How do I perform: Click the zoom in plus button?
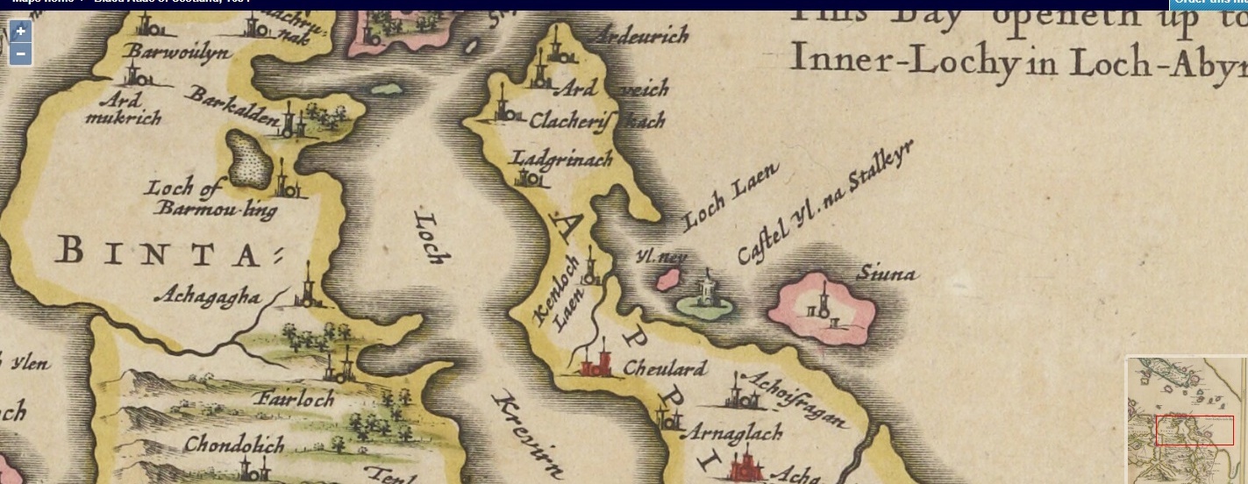coord(21,32)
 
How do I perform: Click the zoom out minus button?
coord(21,54)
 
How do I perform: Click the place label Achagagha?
coord(207,297)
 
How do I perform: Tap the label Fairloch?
coord(295,400)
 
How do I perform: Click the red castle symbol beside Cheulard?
coord(596,361)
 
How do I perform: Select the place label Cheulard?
coord(664,368)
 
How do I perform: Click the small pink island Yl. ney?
coord(670,281)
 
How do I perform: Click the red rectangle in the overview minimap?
coord(1195,431)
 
